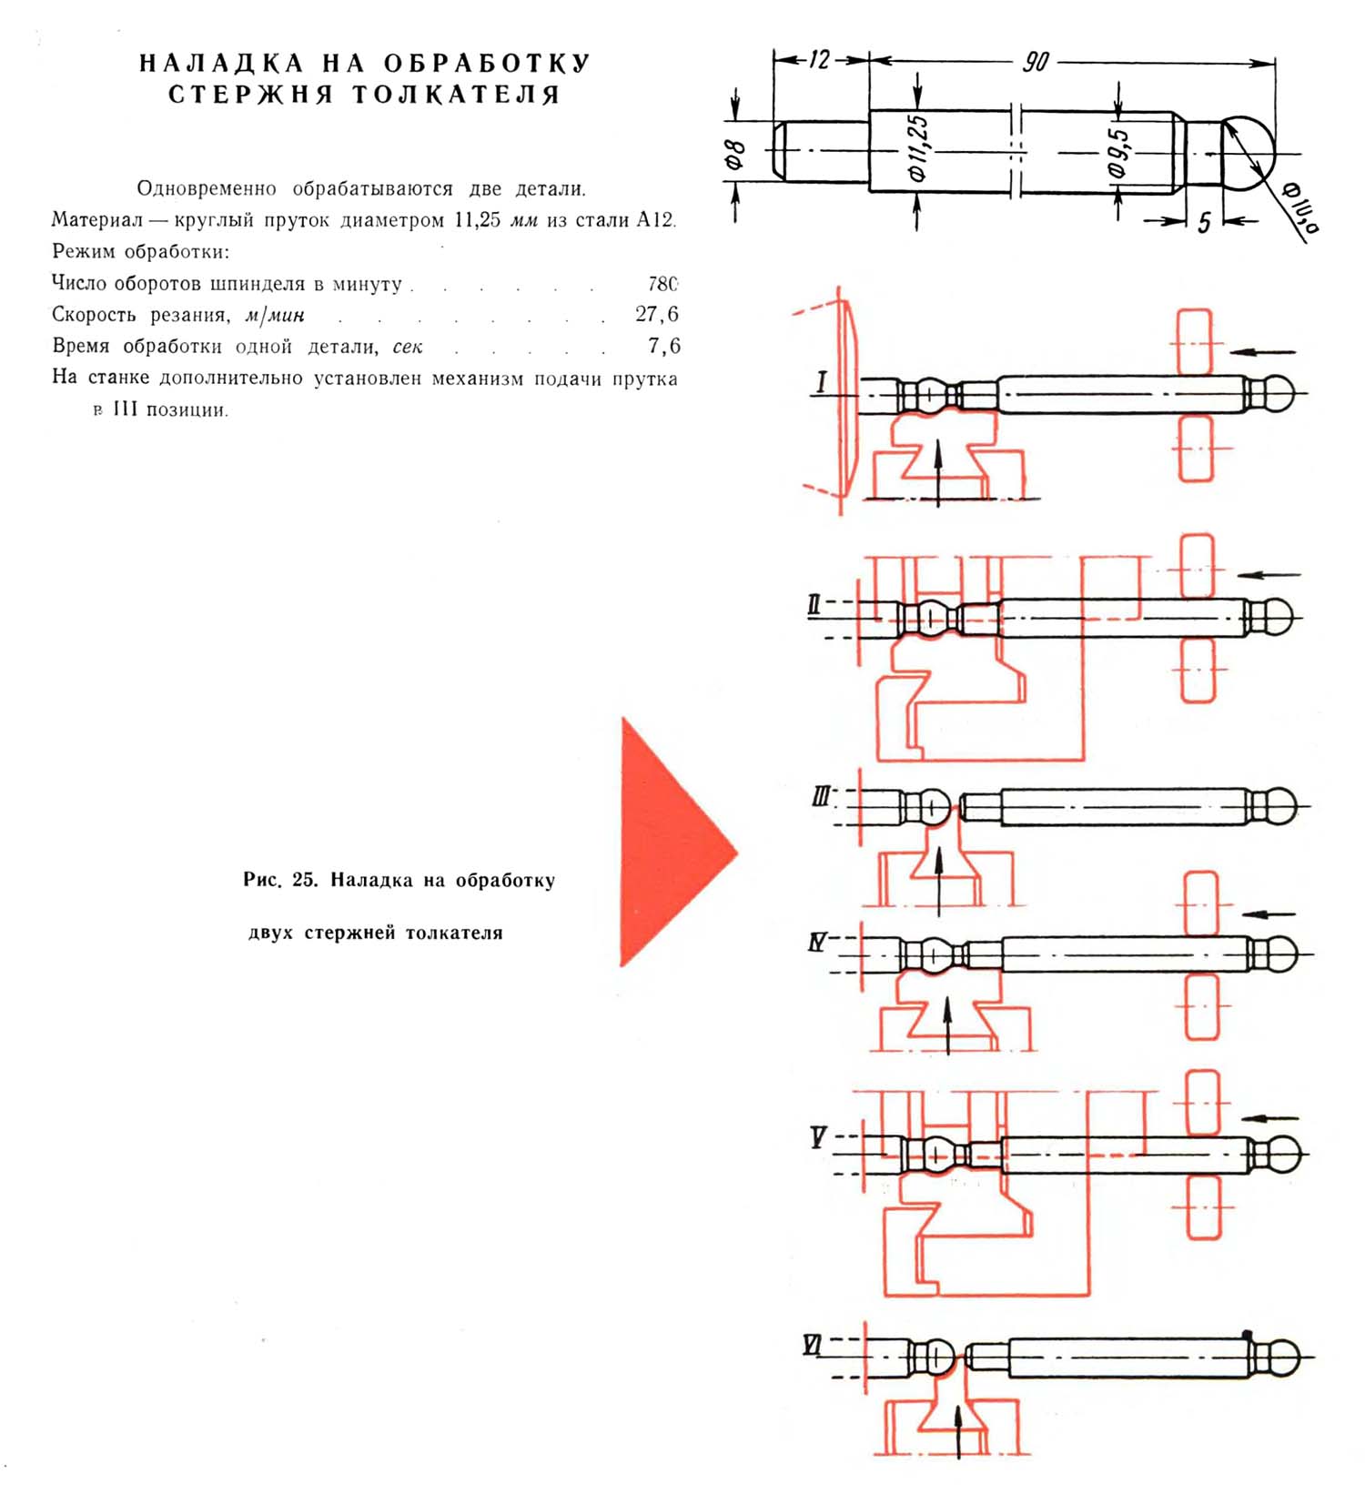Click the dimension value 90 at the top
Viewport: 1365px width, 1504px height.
click(1036, 62)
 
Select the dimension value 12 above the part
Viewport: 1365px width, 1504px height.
click(820, 60)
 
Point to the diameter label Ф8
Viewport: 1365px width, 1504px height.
click(735, 155)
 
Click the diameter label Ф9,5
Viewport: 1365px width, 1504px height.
click(1119, 153)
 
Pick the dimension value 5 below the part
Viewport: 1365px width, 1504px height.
click(1203, 222)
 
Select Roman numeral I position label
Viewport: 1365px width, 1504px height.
click(822, 381)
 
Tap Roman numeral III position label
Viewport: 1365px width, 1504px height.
click(821, 798)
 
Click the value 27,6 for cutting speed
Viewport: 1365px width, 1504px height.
click(657, 315)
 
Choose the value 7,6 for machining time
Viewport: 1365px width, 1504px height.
click(663, 346)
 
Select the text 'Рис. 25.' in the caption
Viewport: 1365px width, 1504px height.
click(280, 880)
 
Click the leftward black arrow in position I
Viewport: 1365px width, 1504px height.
click(1262, 351)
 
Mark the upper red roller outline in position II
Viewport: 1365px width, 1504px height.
click(1197, 566)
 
